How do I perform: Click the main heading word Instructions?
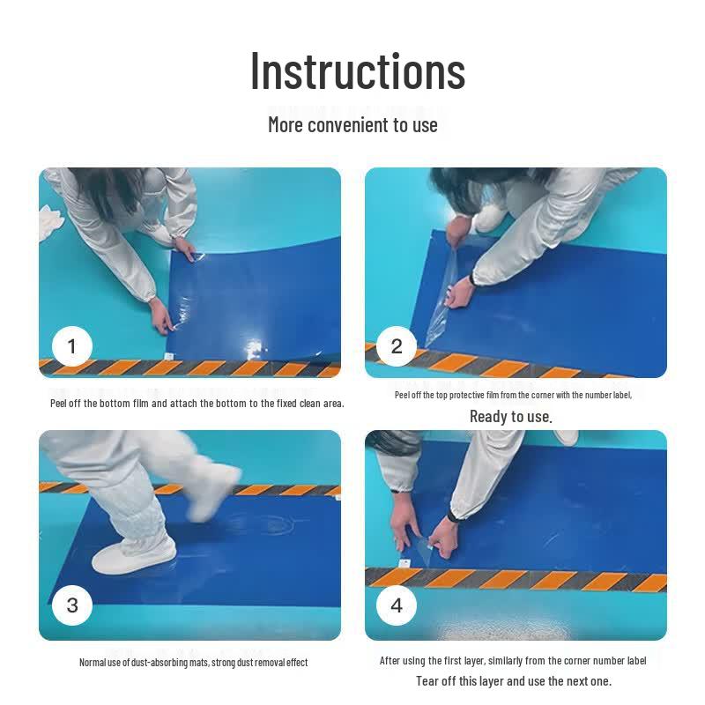[x=358, y=71]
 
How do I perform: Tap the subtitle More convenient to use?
[x=352, y=125]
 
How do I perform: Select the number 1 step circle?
[x=72, y=346]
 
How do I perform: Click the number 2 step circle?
[x=396, y=346]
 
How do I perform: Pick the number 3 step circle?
[x=72, y=605]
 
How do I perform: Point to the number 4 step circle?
[x=396, y=605]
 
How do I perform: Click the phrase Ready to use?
[x=511, y=417]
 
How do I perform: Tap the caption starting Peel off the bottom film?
[x=197, y=404]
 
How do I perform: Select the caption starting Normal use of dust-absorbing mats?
[x=193, y=663]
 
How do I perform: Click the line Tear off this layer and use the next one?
[x=514, y=681]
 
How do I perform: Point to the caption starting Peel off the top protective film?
[x=514, y=395]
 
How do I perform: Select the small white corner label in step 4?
[x=404, y=563]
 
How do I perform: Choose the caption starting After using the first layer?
[x=513, y=660]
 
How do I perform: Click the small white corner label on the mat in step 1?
[x=169, y=357]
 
